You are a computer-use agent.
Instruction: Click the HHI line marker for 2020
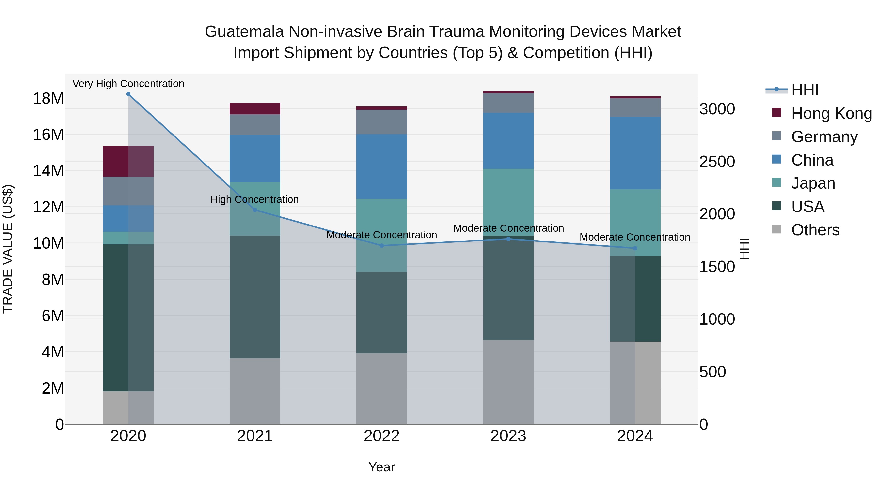(128, 94)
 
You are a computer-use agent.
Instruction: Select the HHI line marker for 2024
(635, 248)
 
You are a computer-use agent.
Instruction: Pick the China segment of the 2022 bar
(381, 167)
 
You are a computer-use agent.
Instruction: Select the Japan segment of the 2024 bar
(635, 222)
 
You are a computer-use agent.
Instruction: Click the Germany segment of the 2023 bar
(508, 103)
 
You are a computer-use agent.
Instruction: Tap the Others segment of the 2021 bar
(255, 391)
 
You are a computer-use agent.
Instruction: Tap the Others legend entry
(815, 230)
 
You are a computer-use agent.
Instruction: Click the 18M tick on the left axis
(48, 99)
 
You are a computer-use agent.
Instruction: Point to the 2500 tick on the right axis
(717, 162)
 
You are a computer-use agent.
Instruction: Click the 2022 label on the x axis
(381, 436)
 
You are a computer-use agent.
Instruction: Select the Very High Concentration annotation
(128, 84)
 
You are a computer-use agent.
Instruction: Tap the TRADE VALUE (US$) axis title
(8, 249)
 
